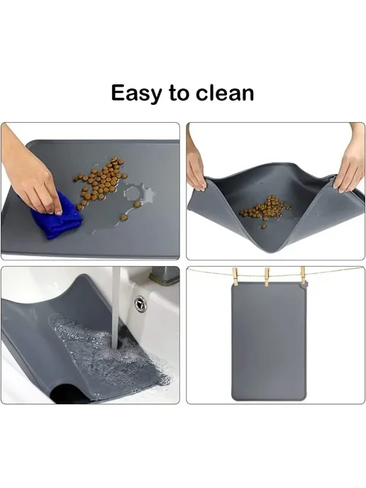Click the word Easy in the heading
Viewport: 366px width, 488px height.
tap(137, 94)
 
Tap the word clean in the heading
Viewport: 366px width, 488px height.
tap(225, 93)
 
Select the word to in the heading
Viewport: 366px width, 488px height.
tap(179, 94)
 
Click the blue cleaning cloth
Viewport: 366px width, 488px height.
tap(57, 216)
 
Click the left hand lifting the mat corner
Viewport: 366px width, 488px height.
tap(195, 162)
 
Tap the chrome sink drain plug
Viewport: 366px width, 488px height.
tap(140, 304)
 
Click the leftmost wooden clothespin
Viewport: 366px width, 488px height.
tap(235, 277)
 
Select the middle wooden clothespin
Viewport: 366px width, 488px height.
tap(267, 277)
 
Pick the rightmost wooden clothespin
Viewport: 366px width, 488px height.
tap(303, 276)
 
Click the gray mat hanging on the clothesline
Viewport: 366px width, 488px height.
tap(269, 342)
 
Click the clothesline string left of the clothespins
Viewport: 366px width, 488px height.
tap(211, 272)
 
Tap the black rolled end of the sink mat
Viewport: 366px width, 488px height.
tap(70, 394)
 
